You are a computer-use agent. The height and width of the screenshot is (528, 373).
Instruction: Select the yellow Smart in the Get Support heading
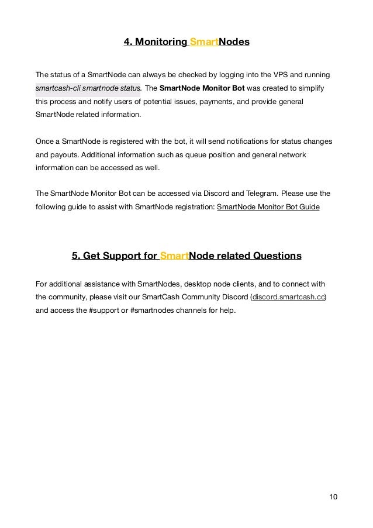click(173, 256)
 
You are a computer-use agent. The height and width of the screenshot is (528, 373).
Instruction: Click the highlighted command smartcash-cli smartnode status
click(88, 88)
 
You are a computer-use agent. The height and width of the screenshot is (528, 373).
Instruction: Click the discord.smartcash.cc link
click(288, 297)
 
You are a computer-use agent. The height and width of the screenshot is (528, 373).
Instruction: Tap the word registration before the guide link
click(190, 206)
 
